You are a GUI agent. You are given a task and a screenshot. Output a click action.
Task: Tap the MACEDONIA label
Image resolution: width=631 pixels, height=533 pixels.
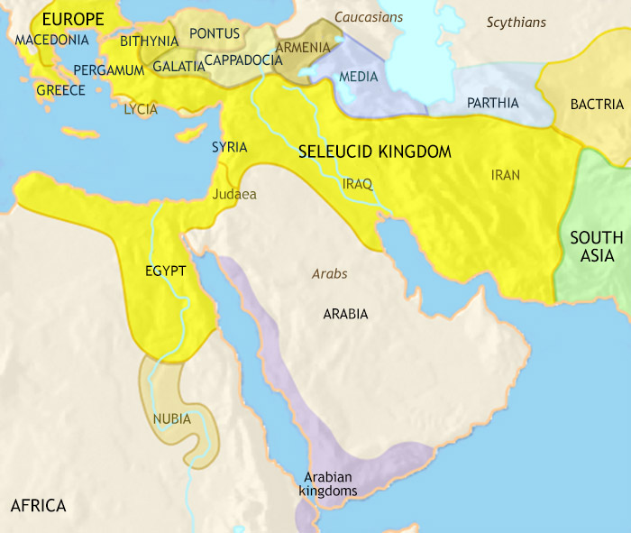[52, 41]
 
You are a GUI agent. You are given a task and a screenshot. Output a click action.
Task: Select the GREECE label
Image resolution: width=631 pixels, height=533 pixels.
[60, 90]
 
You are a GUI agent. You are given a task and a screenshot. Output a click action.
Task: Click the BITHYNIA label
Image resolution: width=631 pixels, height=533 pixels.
[149, 41]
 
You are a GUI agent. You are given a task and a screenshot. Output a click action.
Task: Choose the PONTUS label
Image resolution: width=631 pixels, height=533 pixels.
[215, 34]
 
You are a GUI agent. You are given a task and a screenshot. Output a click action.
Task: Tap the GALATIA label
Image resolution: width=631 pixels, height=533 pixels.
[178, 67]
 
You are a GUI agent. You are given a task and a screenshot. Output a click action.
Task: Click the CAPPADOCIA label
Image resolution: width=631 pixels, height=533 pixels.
[246, 60]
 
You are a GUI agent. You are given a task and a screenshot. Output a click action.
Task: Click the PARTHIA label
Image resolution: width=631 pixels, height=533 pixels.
[493, 103]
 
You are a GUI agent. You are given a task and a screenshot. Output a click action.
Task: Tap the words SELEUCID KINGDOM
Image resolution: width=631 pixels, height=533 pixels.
[375, 152]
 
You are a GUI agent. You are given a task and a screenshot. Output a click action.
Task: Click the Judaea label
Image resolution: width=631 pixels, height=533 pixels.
[234, 194]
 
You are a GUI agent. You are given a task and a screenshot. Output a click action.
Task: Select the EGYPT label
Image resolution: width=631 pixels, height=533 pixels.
[165, 271]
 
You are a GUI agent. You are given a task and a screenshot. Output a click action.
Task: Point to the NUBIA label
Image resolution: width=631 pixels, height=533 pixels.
[171, 418]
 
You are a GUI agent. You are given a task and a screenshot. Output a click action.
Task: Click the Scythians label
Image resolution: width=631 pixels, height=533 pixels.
[517, 22]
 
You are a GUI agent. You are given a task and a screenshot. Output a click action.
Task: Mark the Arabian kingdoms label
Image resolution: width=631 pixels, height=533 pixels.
[330, 484]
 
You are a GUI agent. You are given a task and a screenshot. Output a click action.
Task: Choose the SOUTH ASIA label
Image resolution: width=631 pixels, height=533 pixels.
[596, 246]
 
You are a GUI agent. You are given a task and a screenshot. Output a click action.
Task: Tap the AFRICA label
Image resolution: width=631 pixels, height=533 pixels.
[38, 505]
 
